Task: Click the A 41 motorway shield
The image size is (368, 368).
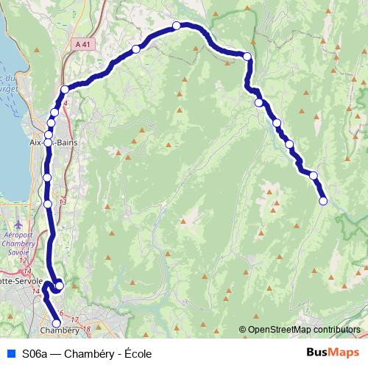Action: [83, 45]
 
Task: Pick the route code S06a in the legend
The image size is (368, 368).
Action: [36, 353]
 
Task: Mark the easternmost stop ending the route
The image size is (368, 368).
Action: [323, 201]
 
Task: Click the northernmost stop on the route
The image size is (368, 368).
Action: [177, 26]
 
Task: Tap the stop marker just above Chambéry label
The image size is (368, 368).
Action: [56, 322]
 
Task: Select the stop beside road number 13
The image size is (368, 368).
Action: [48, 204]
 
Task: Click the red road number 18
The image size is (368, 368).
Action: [86, 328]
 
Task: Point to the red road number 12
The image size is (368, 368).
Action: [24, 260]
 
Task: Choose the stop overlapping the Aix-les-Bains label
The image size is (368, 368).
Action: [48, 142]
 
